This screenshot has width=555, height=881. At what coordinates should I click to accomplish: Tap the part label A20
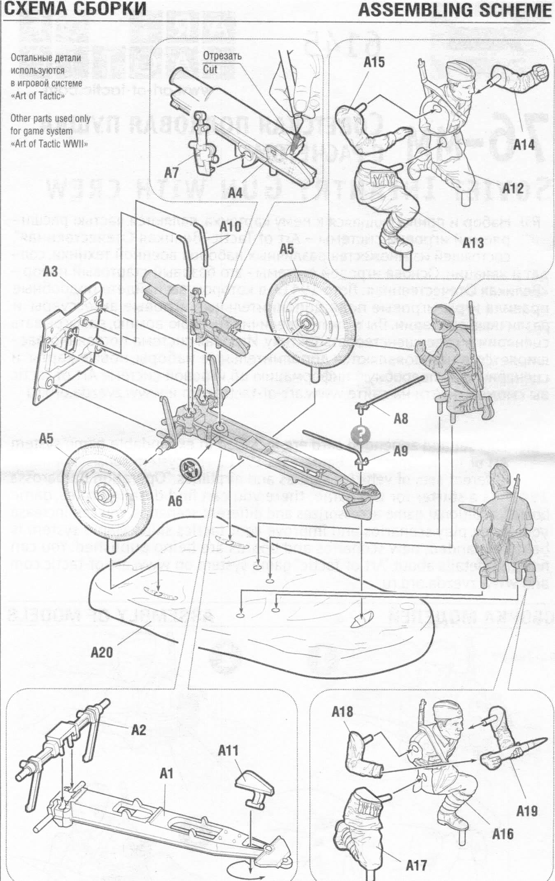pyautogui.click(x=101, y=652)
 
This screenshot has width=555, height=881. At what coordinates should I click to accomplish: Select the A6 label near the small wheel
pyautogui.click(x=175, y=501)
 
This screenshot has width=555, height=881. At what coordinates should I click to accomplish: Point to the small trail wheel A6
pyautogui.click(x=191, y=469)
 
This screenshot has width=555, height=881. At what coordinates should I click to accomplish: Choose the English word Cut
pyautogui.click(x=210, y=69)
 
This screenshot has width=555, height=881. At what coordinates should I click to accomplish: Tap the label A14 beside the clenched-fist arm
pyautogui.click(x=524, y=145)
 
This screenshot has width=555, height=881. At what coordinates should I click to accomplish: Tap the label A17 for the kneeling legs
pyautogui.click(x=416, y=865)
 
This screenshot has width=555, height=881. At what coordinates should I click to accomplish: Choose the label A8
pyautogui.click(x=401, y=419)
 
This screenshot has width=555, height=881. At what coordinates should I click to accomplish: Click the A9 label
pyautogui.click(x=401, y=452)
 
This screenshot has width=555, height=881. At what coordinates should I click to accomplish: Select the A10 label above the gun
pyautogui.click(x=230, y=227)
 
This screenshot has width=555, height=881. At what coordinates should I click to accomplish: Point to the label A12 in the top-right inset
pyautogui.click(x=513, y=189)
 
